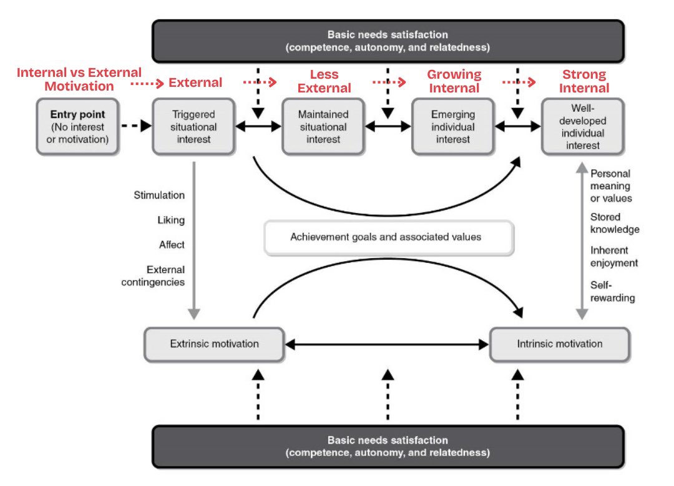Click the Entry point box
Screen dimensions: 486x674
tap(77, 126)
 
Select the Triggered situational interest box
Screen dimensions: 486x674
tap(193, 126)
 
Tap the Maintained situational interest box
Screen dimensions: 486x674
tap(323, 126)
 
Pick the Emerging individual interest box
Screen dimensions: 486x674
tap(453, 126)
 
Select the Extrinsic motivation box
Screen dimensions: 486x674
tap(214, 344)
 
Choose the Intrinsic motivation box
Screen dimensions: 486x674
tap(560, 344)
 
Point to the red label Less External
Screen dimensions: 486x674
tap(324, 82)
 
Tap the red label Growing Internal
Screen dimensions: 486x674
tap(454, 81)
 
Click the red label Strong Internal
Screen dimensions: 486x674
tap(584, 81)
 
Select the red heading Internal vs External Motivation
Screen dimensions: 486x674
tap(79, 79)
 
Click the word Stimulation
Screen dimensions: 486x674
tap(159, 196)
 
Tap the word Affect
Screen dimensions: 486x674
tap(172, 245)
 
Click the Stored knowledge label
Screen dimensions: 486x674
tap(615, 223)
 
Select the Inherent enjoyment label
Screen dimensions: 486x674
tap(614, 257)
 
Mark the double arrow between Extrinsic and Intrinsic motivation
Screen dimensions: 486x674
tap(387, 344)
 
